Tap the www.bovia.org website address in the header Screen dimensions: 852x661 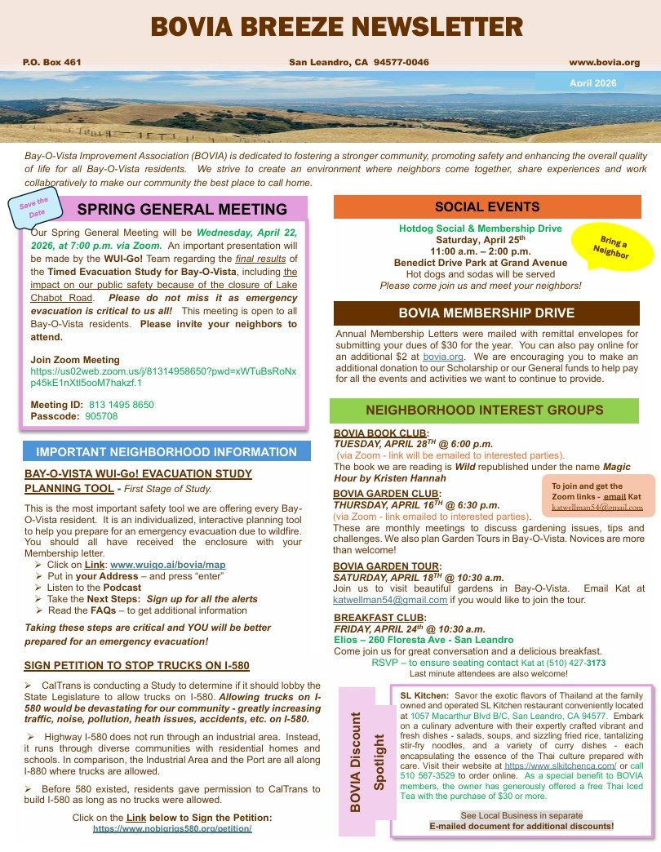604,62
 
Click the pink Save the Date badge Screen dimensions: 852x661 33,205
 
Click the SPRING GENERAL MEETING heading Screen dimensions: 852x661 182,210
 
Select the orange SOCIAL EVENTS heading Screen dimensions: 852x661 487,206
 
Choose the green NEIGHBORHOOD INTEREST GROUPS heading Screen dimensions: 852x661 485,410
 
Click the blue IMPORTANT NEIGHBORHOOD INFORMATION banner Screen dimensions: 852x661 166,451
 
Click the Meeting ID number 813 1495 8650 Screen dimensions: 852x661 121,404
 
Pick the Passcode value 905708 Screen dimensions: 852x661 101,416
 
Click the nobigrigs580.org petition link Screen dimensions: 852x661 172,828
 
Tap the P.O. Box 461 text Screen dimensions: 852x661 52,62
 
